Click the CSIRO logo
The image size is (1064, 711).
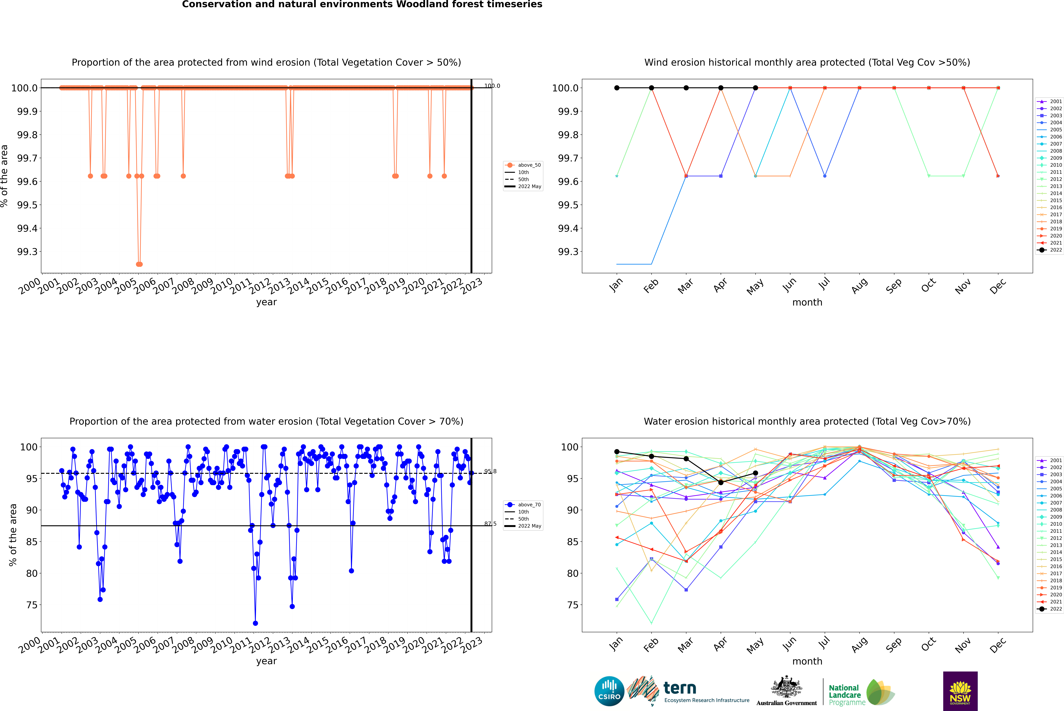tap(609, 691)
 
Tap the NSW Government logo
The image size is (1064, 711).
tap(960, 691)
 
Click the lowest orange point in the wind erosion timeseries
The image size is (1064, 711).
tap(139, 264)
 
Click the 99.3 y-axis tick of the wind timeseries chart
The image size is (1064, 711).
tap(27, 252)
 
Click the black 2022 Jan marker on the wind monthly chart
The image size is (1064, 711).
tap(617, 88)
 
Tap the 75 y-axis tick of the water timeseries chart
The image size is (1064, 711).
tap(32, 605)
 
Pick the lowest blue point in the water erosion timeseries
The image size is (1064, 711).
tap(255, 623)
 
